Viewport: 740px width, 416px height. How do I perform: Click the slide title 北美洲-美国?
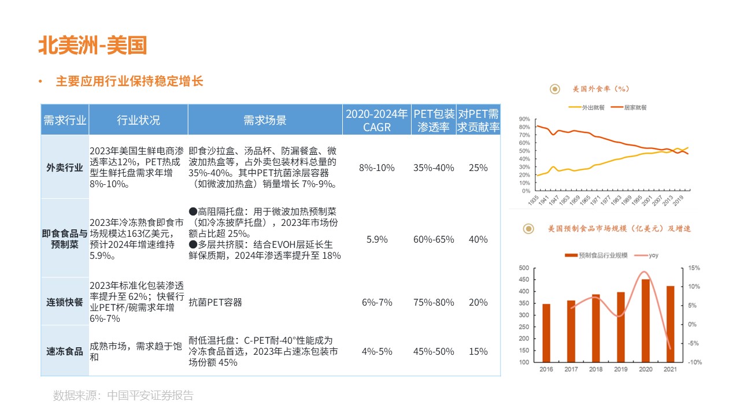[x=92, y=45]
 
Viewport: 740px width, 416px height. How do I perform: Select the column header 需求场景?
[x=265, y=120]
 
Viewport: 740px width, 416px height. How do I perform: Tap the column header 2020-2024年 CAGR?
[x=377, y=120]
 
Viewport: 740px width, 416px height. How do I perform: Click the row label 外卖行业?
[x=65, y=168]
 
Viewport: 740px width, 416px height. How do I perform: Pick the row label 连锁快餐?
[x=65, y=302]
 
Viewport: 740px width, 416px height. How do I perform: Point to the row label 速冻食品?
[x=65, y=351]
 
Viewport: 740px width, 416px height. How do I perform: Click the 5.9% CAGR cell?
[x=377, y=239]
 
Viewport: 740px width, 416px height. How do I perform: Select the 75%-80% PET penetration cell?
[x=434, y=302]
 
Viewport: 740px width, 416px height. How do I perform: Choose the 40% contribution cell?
[x=478, y=239]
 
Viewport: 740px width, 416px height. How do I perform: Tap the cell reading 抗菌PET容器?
[x=216, y=302]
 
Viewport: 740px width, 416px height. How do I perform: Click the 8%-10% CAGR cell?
[x=377, y=168]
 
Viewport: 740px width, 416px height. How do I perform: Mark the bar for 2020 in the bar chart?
[x=645, y=321]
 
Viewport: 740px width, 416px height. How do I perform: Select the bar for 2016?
[x=546, y=333]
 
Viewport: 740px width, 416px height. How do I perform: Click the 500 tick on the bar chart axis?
[x=524, y=268]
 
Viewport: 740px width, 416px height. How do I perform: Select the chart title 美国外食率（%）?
[x=601, y=89]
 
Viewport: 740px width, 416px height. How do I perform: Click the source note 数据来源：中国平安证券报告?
[x=123, y=396]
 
